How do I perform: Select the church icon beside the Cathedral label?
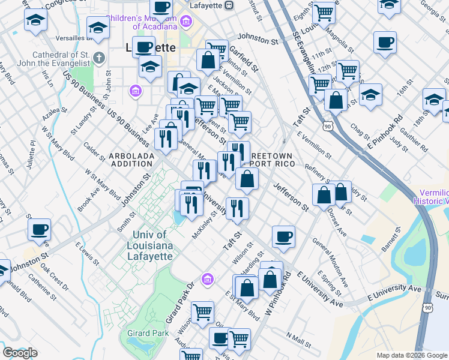(99, 58)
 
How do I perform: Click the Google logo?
(20, 353)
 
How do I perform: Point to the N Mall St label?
(299, 340)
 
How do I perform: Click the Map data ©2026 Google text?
(412, 355)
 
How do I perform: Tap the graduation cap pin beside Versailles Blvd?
(97, 27)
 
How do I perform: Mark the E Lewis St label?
(86, 252)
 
